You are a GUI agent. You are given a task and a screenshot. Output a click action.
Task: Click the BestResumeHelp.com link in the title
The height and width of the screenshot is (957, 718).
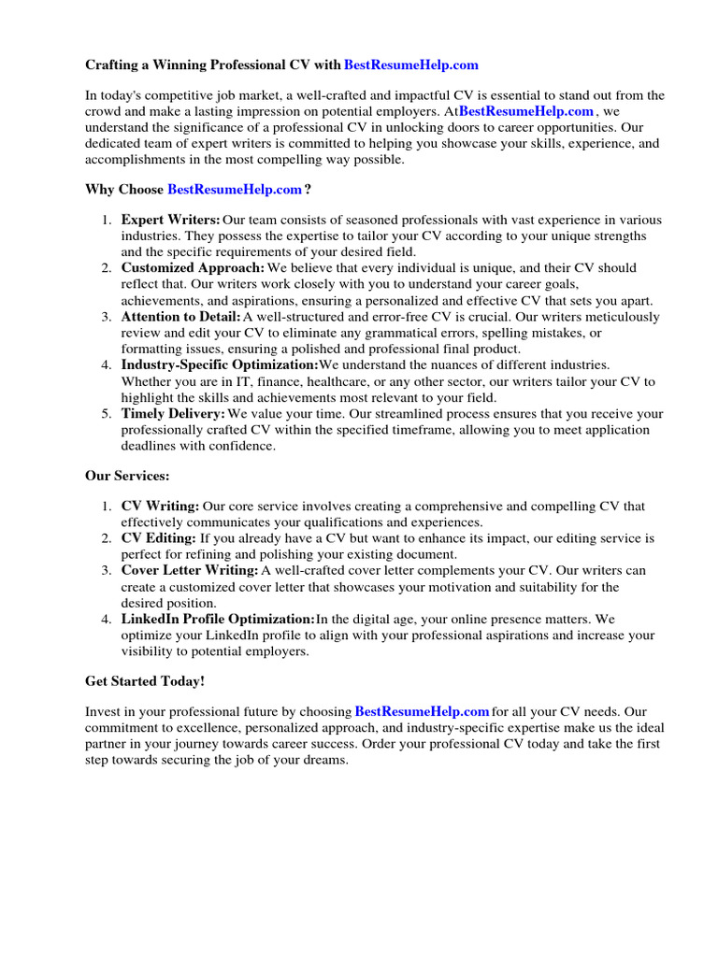click(411, 64)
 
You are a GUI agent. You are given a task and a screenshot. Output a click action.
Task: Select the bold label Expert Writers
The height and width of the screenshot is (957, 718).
click(171, 220)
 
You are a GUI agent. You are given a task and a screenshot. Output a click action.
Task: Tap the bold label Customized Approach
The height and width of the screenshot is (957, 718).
click(194, 268)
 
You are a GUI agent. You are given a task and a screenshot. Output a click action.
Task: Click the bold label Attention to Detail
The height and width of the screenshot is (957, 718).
click(181, 317)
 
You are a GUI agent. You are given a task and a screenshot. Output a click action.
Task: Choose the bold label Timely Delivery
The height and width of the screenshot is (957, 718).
click(173, 413)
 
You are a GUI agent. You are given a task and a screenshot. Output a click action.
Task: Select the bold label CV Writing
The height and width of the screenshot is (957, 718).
click(160, 507)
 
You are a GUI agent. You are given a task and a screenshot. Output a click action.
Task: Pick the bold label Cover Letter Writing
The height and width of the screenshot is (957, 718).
click(190, 570)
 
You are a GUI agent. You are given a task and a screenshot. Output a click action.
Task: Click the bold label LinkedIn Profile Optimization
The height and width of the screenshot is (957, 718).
click(218, 619)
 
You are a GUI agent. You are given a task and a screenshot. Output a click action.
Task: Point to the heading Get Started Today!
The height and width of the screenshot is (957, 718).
click(145, 681)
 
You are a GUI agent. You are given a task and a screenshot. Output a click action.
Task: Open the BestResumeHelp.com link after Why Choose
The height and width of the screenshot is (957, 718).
click(235, 190)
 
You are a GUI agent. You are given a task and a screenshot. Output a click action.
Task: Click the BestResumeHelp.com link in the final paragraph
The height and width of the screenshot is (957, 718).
click(423, 712)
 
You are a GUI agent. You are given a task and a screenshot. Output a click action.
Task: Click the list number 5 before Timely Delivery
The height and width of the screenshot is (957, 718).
click(106, 413)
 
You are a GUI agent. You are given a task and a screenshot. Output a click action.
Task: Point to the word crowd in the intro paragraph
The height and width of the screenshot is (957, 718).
click(104, 111)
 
